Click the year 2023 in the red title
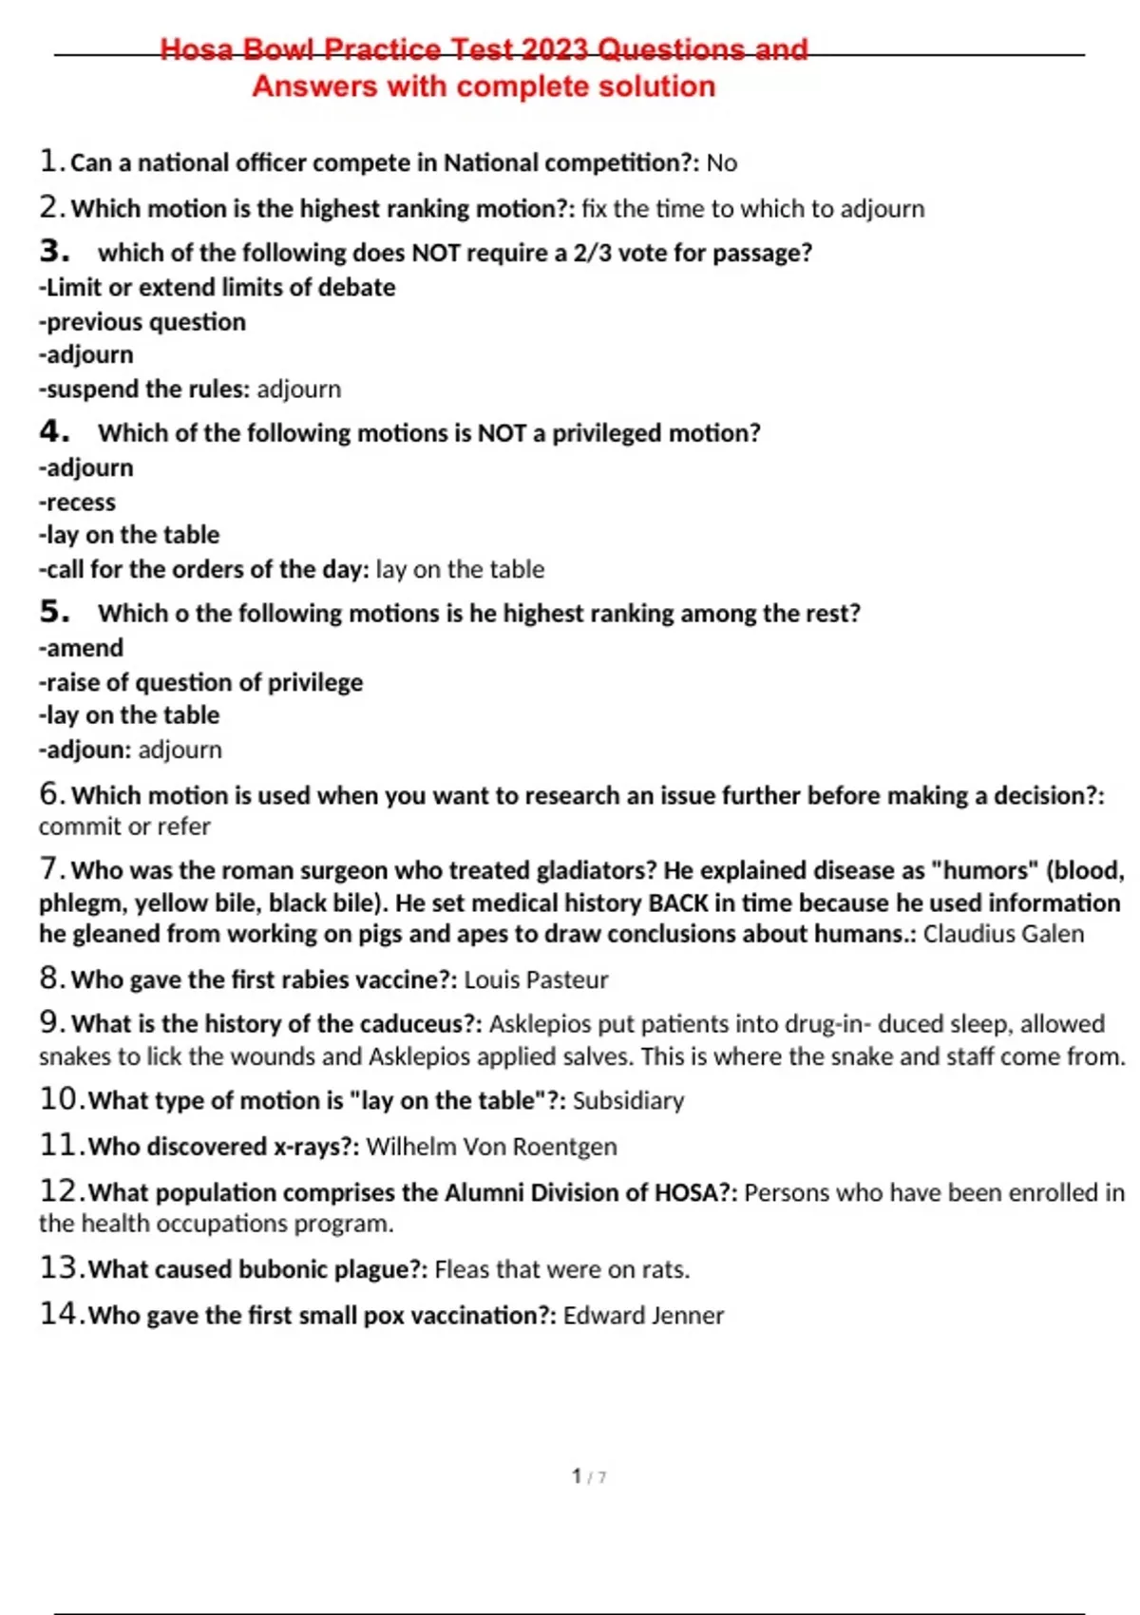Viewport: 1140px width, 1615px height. point(555,49)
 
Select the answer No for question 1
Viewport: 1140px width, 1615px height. point(722,163)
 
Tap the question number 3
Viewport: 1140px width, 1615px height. point(54,252)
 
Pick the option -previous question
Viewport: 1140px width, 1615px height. point(142,322)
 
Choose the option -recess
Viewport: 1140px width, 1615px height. point(77,502)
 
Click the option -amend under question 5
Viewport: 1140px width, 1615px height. point(81,648)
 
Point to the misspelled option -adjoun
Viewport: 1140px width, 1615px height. point(84,750)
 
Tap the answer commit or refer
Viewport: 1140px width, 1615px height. point(124,826)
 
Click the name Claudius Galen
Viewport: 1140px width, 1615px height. point(1003,934)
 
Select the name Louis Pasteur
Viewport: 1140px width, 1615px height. point(536,979)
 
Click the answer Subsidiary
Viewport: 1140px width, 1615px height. point(628,1100)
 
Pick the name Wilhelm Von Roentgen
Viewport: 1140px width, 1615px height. point(491,1147)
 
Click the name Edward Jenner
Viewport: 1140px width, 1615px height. point(643,1316)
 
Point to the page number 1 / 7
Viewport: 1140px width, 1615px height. point(589,1476)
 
